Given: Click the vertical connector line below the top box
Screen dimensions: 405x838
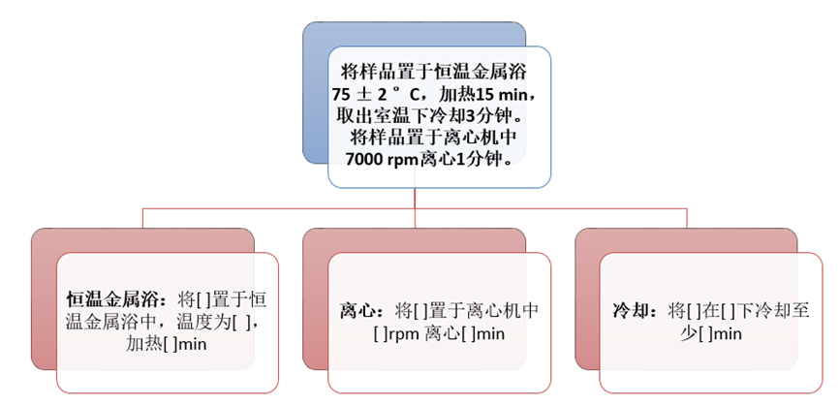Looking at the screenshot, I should (x=416, y=198).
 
